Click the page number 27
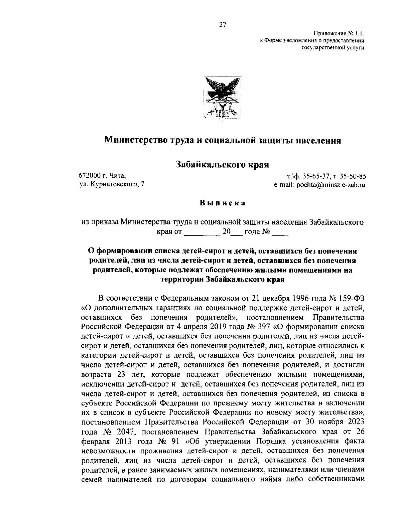point(223,24)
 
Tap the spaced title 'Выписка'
point(223,203)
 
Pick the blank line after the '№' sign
point(280,233)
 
